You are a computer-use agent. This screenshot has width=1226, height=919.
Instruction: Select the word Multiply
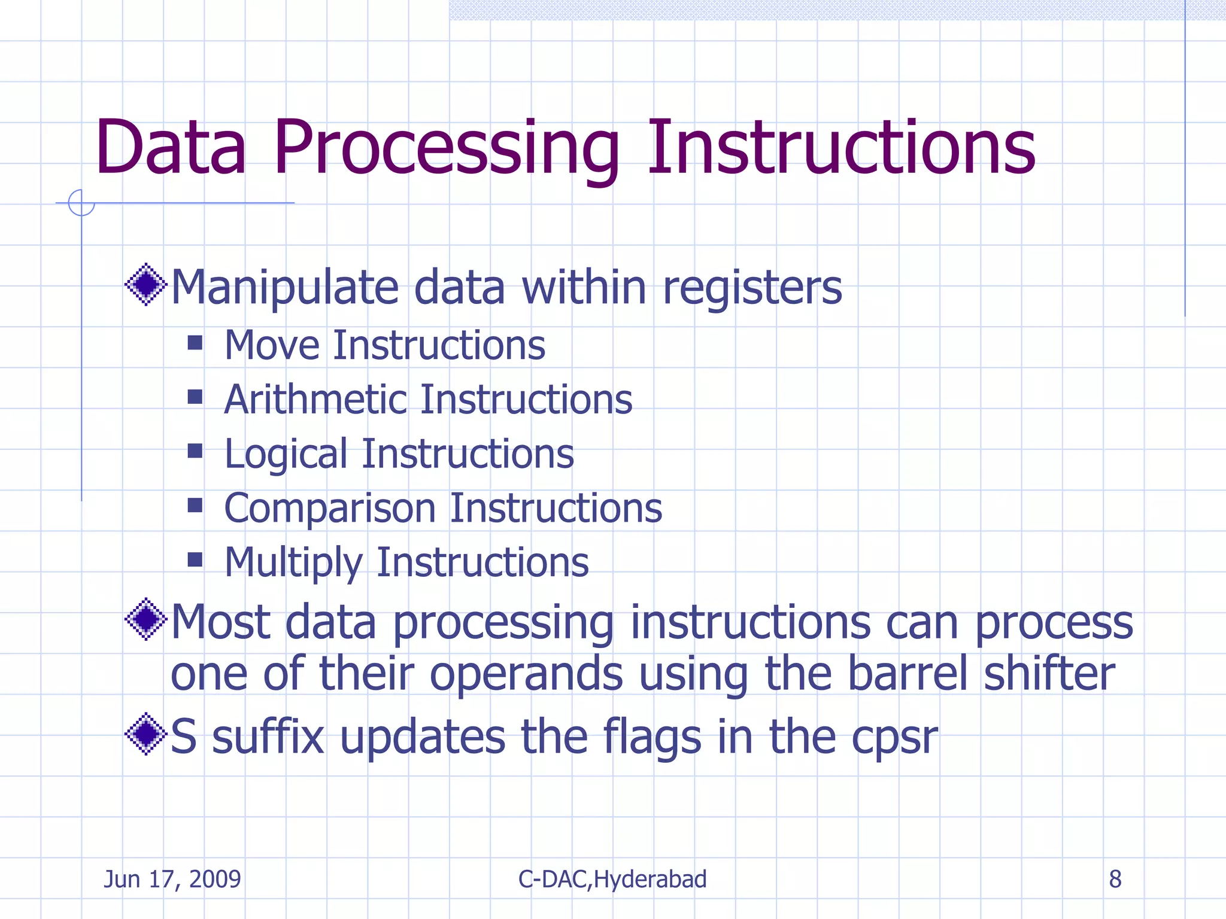click(293, 563)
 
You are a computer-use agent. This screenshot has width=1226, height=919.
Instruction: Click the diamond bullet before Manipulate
click(145, 284)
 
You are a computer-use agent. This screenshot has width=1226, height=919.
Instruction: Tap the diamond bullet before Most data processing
click(145, 619)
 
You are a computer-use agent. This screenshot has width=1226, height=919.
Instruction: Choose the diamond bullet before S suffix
click(145, 734)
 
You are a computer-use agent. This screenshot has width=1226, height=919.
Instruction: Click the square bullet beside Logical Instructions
click(195, 451)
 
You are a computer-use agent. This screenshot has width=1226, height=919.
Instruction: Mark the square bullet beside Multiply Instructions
click(195, 559)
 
